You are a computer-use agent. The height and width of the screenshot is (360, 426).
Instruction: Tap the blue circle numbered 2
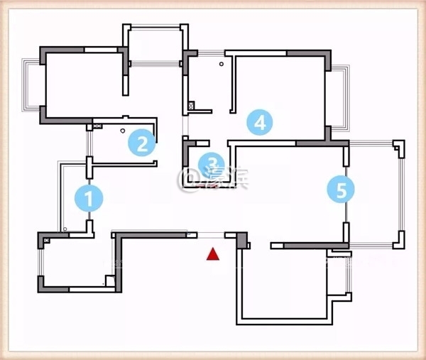pyautogui.click(x=142, y=144)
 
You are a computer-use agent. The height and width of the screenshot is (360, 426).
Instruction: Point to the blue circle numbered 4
pyautogui.click(x=260, y=122)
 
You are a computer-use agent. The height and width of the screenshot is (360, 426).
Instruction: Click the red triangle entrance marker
pyautogui.click(x=212, y=254)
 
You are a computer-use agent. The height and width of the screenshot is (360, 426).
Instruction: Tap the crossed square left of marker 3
pyautogui.click(x=191, y=107)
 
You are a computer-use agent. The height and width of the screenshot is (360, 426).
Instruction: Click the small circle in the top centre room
pyautogui.click(x=222, y=65)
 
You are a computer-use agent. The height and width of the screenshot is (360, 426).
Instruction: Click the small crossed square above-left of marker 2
pyautogui.click(x=90, y=128)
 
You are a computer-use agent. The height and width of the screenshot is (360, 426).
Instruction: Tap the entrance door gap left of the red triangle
pyautogui.click(x=210, y=234)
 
